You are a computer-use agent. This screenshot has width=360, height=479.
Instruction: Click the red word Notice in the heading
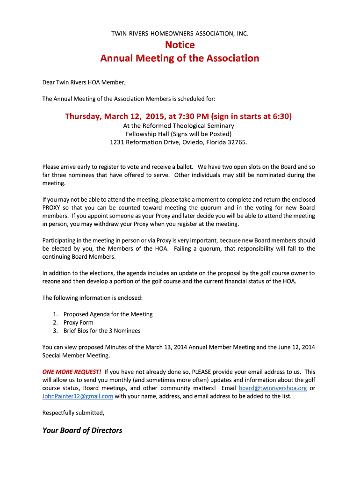click(x=180, y=45)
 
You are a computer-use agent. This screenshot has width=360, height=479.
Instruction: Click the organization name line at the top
click(x=180, y=33)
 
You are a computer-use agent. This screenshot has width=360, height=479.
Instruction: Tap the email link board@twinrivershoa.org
click(x=273, y=388)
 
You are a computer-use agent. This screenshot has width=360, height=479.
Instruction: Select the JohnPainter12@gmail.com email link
click(x=78, y=396)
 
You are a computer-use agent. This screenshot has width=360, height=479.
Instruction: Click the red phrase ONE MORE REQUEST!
click(x=72, y=372)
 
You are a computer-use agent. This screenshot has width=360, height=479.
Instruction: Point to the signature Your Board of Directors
click(x=82, y=430)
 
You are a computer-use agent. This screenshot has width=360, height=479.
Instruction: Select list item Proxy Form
click(x=78, y=322)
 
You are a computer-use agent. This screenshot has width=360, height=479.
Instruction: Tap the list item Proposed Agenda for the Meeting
click(x=108, y=314)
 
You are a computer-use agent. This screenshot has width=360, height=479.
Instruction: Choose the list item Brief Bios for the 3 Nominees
click(x=102, y=331)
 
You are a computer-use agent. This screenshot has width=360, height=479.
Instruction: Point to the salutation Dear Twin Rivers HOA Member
click(x=84, y=82)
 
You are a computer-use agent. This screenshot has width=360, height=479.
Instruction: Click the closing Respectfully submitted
click(x=73, y=413)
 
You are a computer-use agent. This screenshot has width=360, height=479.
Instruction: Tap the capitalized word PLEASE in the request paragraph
click(x=202, y=372)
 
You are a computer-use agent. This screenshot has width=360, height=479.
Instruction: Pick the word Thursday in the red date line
click(x=83, y=116)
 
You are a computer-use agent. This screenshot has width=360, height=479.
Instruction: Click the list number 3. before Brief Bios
click(x=55, y=331)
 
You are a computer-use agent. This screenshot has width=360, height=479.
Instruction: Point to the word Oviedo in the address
click(x=191, y=142)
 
